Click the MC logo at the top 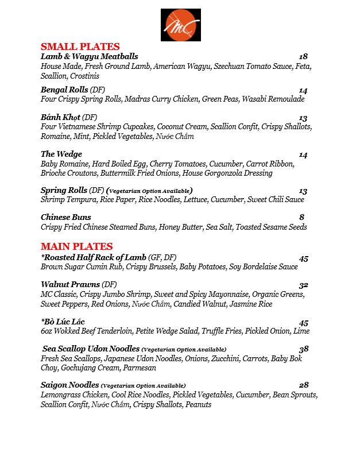point(180,25)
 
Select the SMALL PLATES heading point(80,47)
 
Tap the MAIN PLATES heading point(76,247)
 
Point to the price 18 point(303,56)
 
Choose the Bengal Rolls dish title point(64,90)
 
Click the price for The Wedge point(303,154)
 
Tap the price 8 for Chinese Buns point(301,217)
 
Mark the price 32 point(303,285)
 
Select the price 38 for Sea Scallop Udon point(303,349)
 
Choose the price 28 point(303,385)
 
